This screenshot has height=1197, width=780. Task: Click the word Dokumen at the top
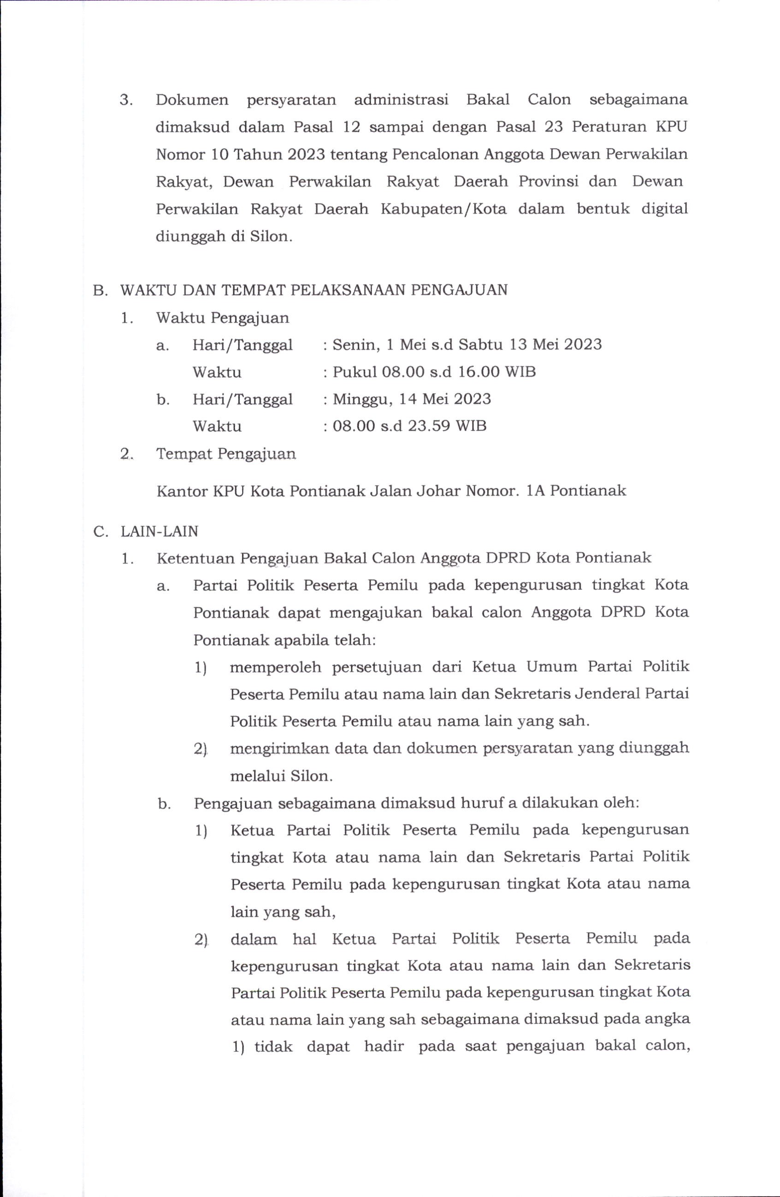click(192, 100)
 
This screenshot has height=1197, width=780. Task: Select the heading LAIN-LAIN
click(160, 531)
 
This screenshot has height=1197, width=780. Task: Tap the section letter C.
click(99, 531)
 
